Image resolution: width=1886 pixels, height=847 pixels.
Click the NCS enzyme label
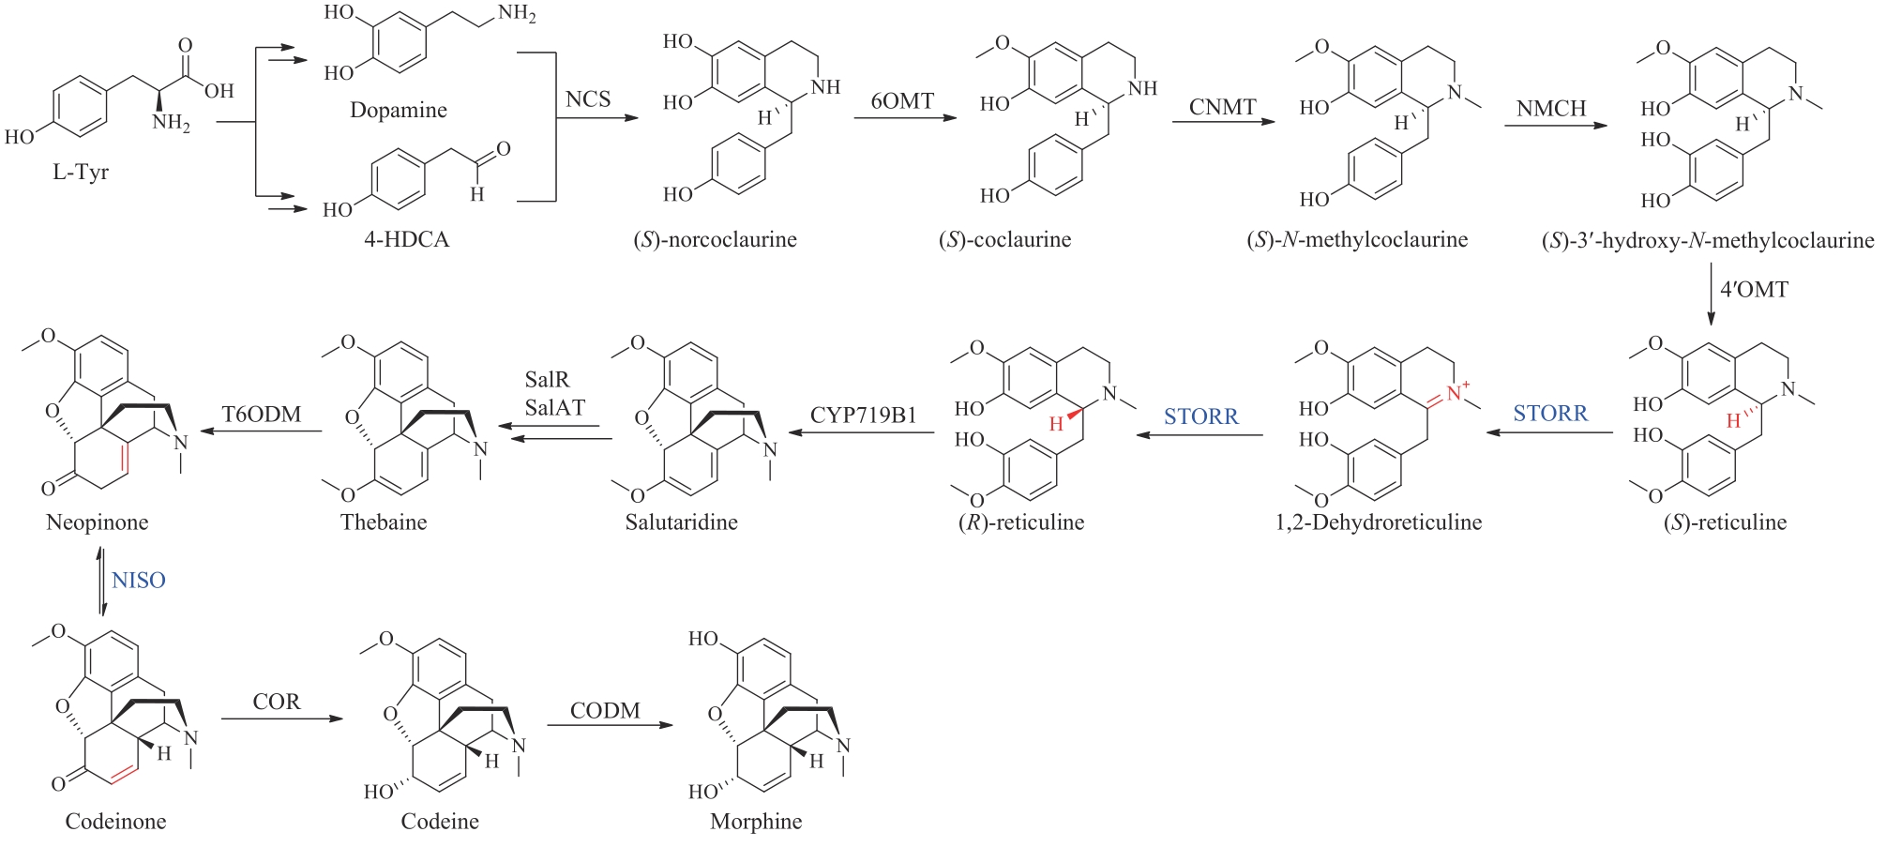588,99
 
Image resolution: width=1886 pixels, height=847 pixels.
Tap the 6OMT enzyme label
902,101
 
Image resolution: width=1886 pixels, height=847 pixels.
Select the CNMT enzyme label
1222,107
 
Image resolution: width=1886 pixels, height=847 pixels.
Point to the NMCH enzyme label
1551,109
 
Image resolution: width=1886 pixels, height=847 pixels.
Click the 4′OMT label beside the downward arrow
1754,290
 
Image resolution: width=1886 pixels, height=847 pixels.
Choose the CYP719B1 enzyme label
863,416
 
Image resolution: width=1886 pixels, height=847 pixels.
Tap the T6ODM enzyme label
262,415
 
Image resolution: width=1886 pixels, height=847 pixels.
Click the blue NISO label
139,581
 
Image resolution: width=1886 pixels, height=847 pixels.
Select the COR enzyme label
277,702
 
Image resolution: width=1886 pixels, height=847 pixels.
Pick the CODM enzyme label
605,711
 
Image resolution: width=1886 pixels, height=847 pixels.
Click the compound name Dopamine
399,111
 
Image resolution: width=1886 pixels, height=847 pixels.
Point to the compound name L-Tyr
81,173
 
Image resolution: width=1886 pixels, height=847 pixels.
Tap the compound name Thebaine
384,522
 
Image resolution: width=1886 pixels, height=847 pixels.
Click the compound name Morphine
756,822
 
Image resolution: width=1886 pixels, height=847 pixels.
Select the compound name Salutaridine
682,522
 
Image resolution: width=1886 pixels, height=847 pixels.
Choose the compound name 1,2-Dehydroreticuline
1379,522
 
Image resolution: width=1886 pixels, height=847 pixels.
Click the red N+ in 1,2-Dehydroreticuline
1457,391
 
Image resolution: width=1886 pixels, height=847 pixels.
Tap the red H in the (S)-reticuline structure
1733,420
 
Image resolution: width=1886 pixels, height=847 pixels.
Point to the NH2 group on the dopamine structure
517,13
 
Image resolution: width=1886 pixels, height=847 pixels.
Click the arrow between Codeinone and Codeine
282,719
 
